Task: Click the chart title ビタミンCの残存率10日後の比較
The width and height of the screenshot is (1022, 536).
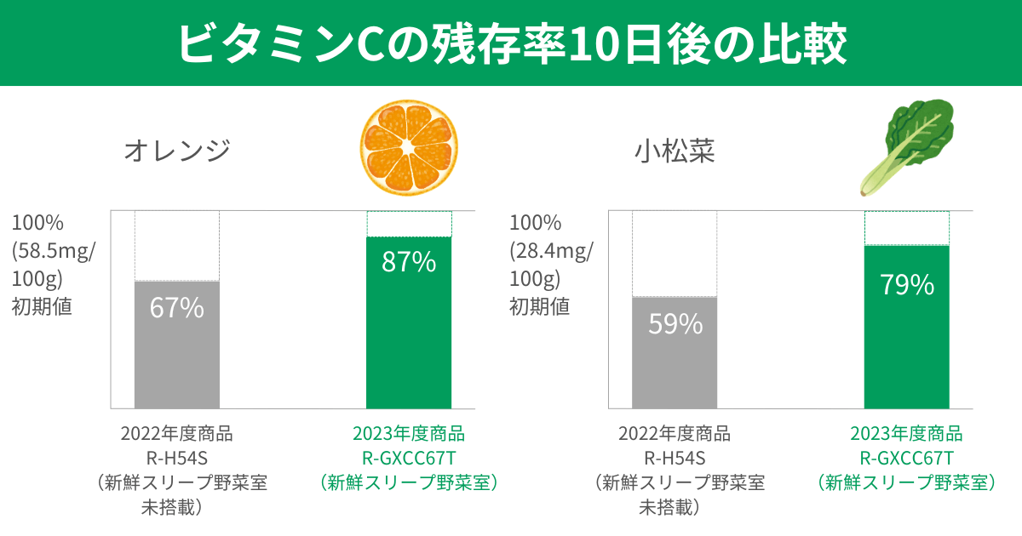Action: (511, 43)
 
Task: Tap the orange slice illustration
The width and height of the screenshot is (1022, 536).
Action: (408, 146)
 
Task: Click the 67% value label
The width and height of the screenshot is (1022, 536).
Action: (176, 308)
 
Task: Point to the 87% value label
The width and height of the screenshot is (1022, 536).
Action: (409, 262)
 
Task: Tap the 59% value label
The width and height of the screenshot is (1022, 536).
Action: (675, 323)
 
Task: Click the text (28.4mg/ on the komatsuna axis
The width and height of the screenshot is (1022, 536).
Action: (552, 251)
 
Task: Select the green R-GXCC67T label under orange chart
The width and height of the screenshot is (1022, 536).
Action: (409, 459)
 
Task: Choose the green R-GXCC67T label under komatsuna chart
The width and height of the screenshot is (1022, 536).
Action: (906, 459)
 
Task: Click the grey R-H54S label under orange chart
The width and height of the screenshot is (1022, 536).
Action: (176, 459)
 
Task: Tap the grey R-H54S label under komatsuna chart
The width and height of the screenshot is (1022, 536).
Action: (675, 459)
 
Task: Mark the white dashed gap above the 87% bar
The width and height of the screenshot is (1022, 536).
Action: (409, 224)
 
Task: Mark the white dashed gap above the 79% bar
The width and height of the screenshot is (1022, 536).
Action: (907, 228)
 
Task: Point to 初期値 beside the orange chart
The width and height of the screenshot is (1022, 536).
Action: (42, 306)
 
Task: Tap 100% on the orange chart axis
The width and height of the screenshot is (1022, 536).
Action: (37, 224)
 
